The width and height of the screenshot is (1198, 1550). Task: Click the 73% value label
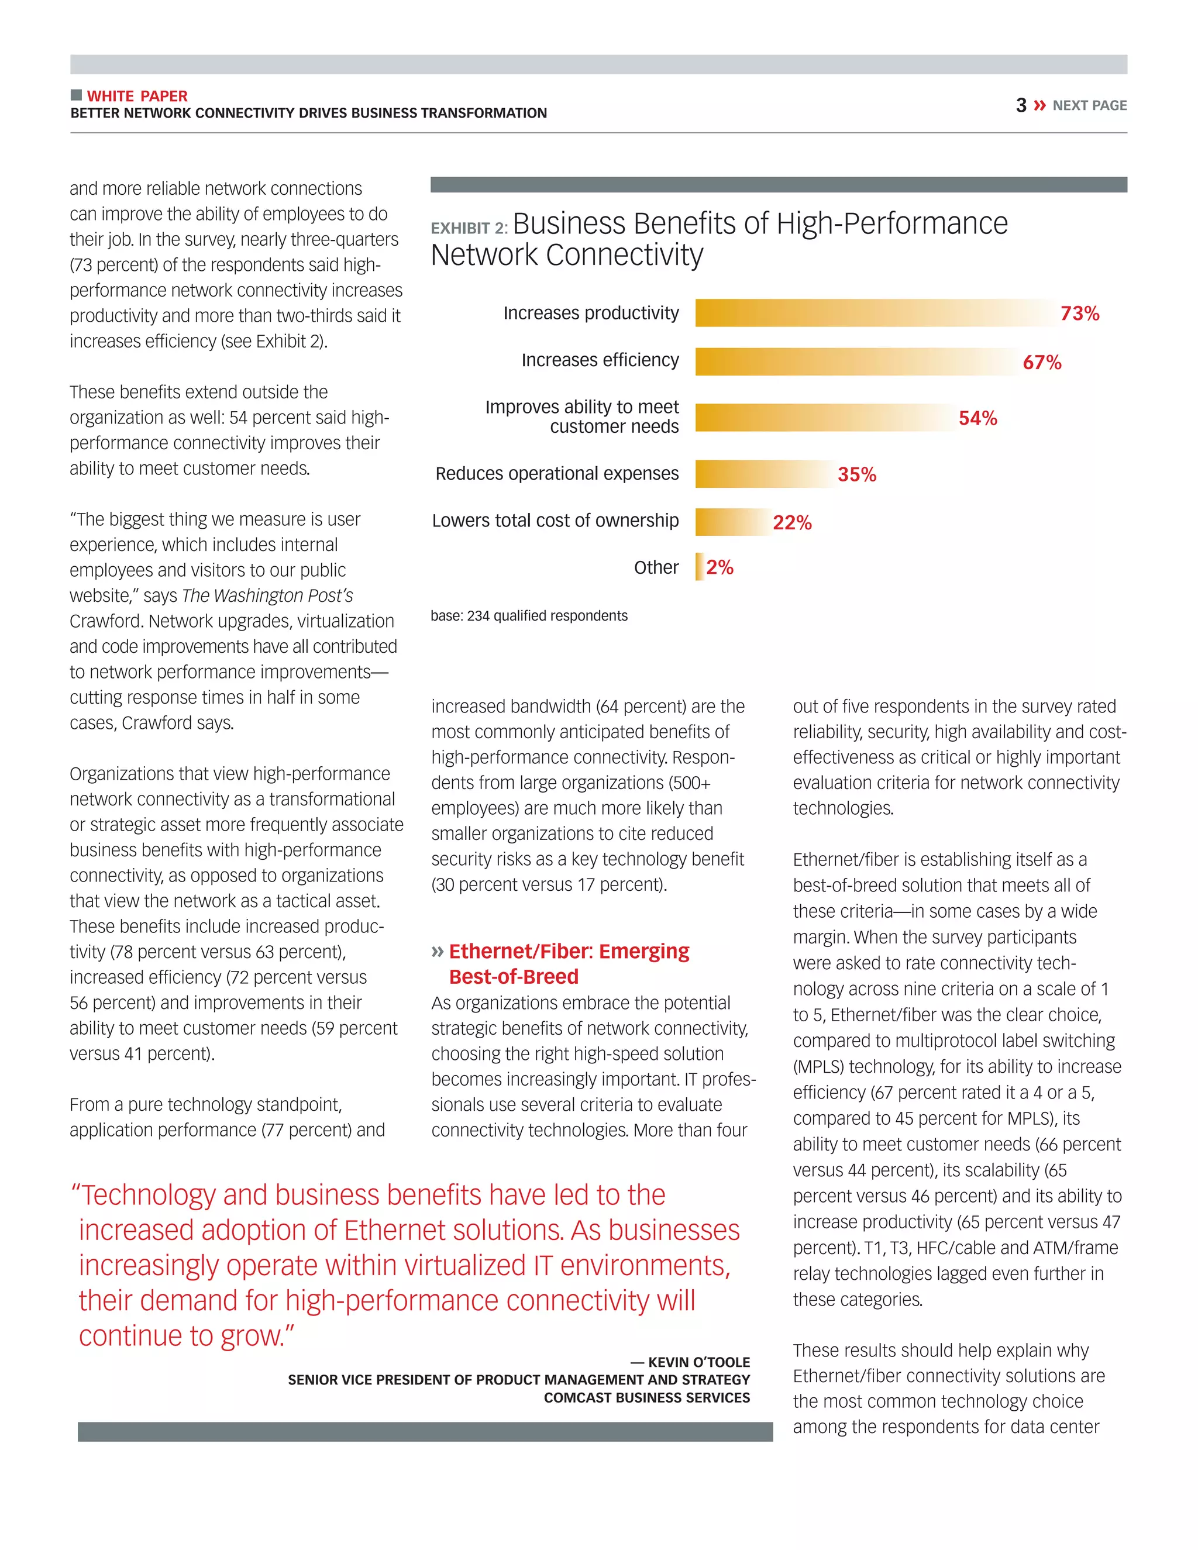[1079, 314]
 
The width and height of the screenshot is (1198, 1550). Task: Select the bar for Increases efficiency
[852, 362]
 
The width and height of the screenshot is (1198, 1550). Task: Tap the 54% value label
[977, 419]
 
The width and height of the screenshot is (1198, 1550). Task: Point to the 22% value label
[792, 523]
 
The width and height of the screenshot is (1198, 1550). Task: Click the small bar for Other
[699, 567]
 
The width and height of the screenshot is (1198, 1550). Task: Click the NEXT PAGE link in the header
[1089, 106]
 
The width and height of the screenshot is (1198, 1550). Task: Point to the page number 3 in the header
[1021, 106]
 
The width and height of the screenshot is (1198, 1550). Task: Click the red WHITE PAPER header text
[137, 96]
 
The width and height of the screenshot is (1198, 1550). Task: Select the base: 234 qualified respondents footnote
[529, 616]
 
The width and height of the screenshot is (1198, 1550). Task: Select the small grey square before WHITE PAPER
[76, 95]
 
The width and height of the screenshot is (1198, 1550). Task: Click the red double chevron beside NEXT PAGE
[1039, 106]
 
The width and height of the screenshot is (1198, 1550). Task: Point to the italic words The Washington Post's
[267, 595]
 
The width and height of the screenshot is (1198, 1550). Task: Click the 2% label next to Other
[720, 567]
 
